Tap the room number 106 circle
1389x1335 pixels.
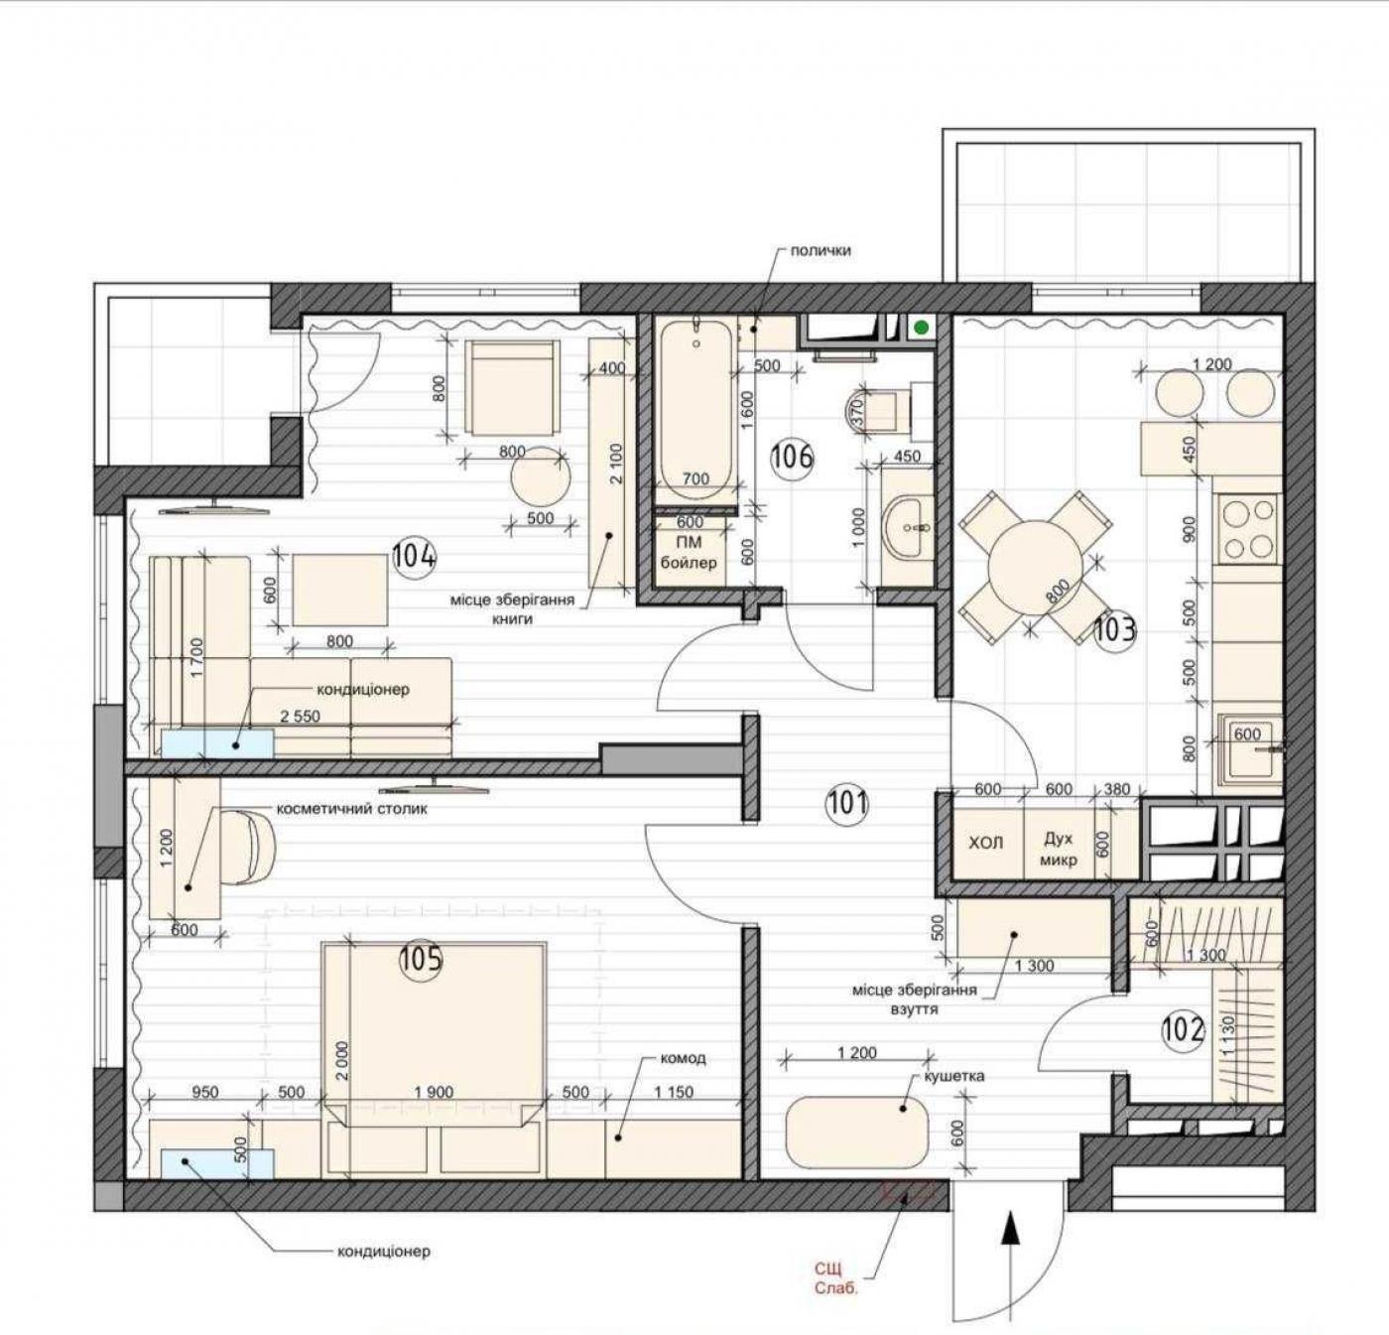793,456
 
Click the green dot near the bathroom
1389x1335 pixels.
922,329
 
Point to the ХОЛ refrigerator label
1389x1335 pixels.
986,843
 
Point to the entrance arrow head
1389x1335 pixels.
1009,1227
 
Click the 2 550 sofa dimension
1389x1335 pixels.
300,716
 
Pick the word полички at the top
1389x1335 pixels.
821,250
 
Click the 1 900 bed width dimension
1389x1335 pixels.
434,1092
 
